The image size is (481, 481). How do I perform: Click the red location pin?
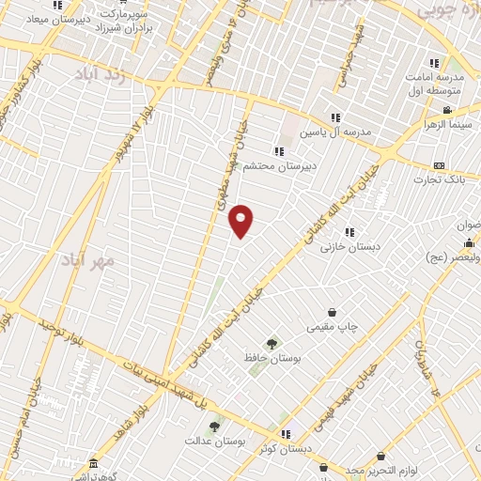[241, 220]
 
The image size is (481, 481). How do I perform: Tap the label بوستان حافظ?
[272, 359]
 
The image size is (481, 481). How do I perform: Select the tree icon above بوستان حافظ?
[272, 344]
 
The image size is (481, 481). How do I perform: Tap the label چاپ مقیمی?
[332, 328]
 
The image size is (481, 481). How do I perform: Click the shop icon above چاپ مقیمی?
[332, 313]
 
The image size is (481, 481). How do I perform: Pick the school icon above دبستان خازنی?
[349, 232]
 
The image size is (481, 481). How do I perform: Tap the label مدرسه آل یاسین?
[335, 132]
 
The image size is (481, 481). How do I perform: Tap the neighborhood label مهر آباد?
[89, 257]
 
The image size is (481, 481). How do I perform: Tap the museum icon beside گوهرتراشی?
[92, 464]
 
